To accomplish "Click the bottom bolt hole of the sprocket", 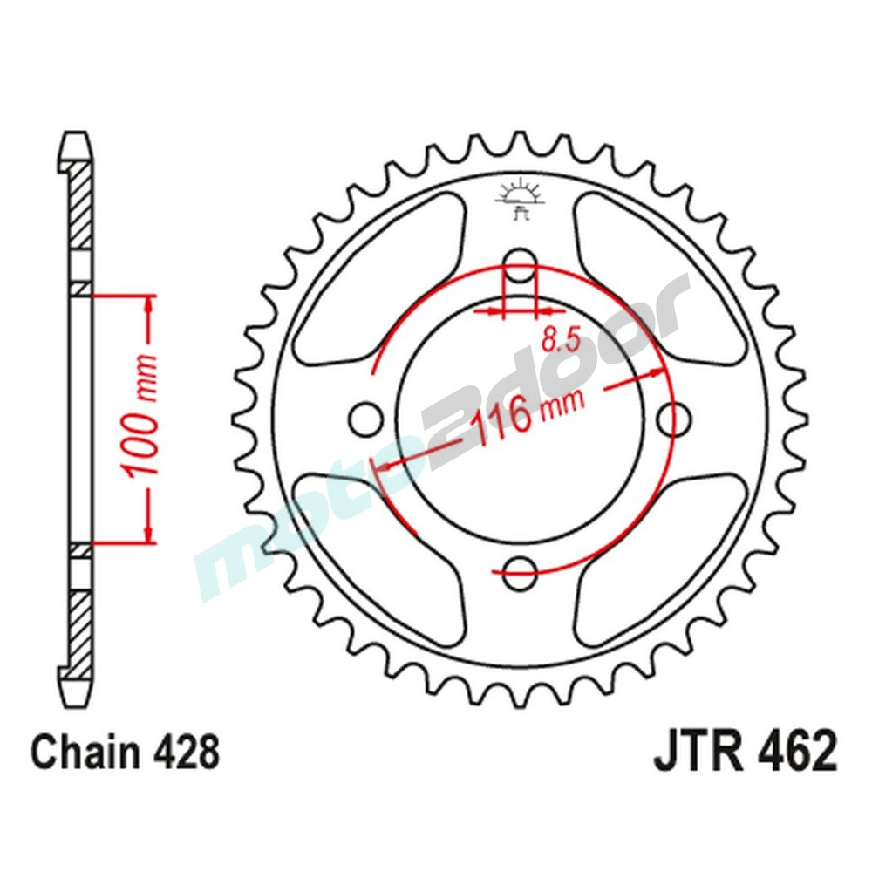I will click(x=521, y=570).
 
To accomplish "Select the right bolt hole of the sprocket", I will click(x=673, y=419).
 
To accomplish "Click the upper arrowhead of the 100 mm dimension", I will click(x=149, y=304).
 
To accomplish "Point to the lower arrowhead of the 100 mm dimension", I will click(x=149, y=533).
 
